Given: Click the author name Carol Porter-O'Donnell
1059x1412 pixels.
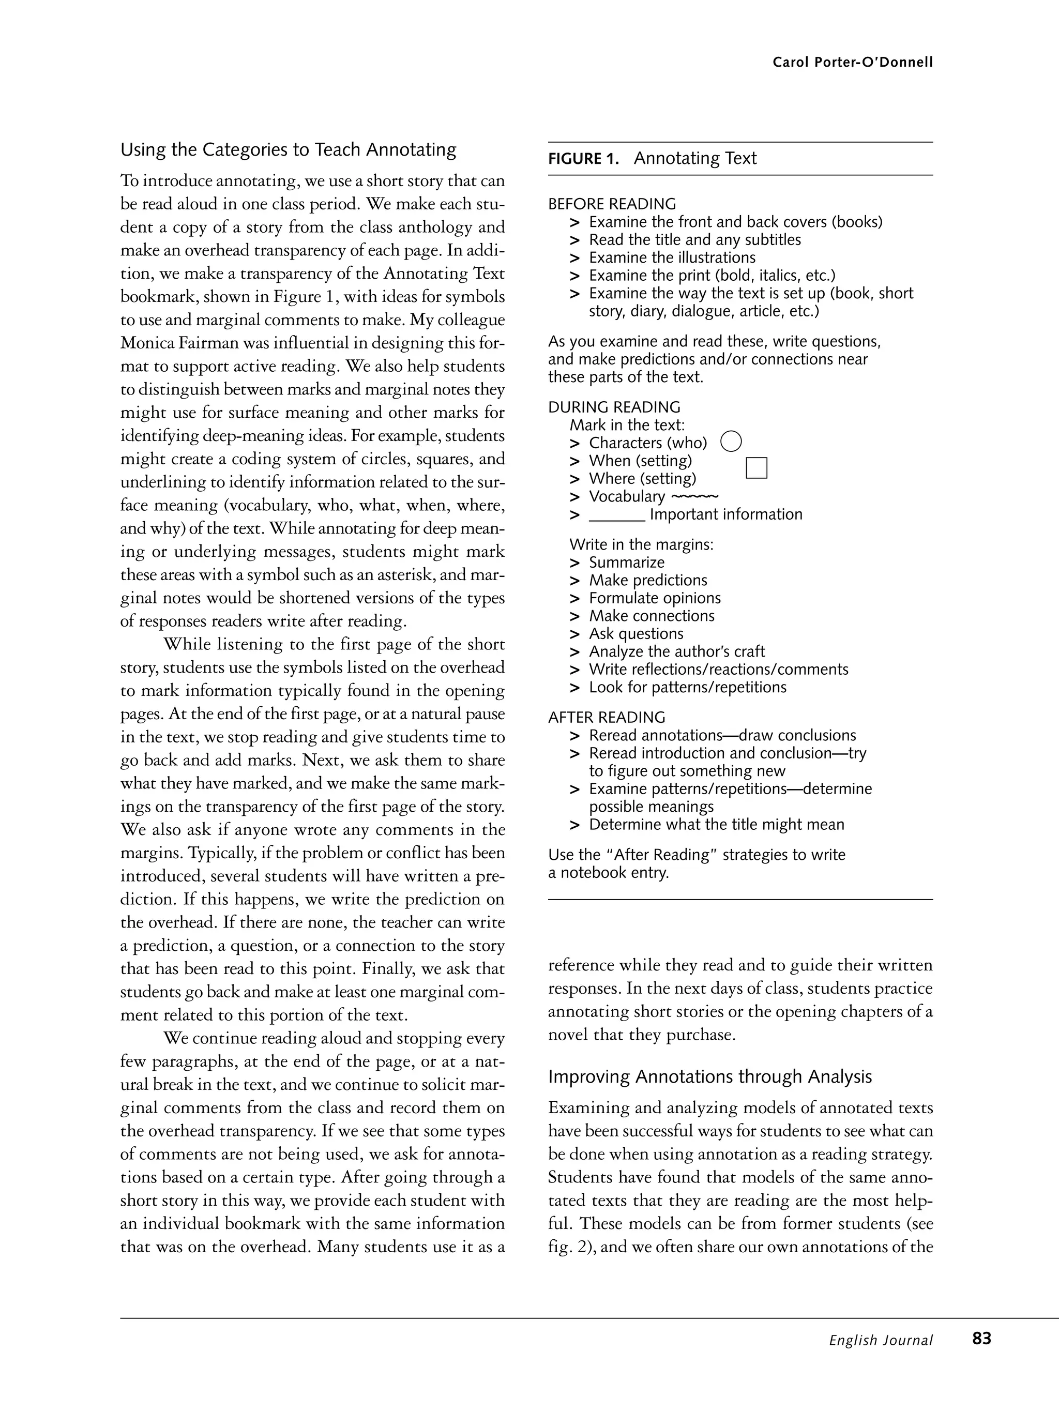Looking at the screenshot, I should point(852,63).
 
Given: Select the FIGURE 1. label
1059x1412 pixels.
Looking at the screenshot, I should point(583,159).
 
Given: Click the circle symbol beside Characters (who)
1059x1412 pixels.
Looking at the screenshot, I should point(731,441).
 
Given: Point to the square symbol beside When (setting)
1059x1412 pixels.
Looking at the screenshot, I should point(756,468).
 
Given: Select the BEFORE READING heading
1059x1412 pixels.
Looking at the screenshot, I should point(612,204).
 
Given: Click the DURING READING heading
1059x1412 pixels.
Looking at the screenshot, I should point(614,407).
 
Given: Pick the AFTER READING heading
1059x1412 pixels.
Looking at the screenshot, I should point(607,718).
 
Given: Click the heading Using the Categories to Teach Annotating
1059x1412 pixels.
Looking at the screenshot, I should point(288,150).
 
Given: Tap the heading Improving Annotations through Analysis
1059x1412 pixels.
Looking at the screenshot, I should point(710,1077).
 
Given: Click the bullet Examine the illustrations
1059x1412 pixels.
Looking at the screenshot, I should point(672,258).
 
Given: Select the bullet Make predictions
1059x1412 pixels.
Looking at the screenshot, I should point(647,580).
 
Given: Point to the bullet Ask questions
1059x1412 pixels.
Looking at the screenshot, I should point(636,634).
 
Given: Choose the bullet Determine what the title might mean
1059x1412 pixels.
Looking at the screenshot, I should point(716,825).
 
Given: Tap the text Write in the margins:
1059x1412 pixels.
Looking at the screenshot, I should point(641,544).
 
